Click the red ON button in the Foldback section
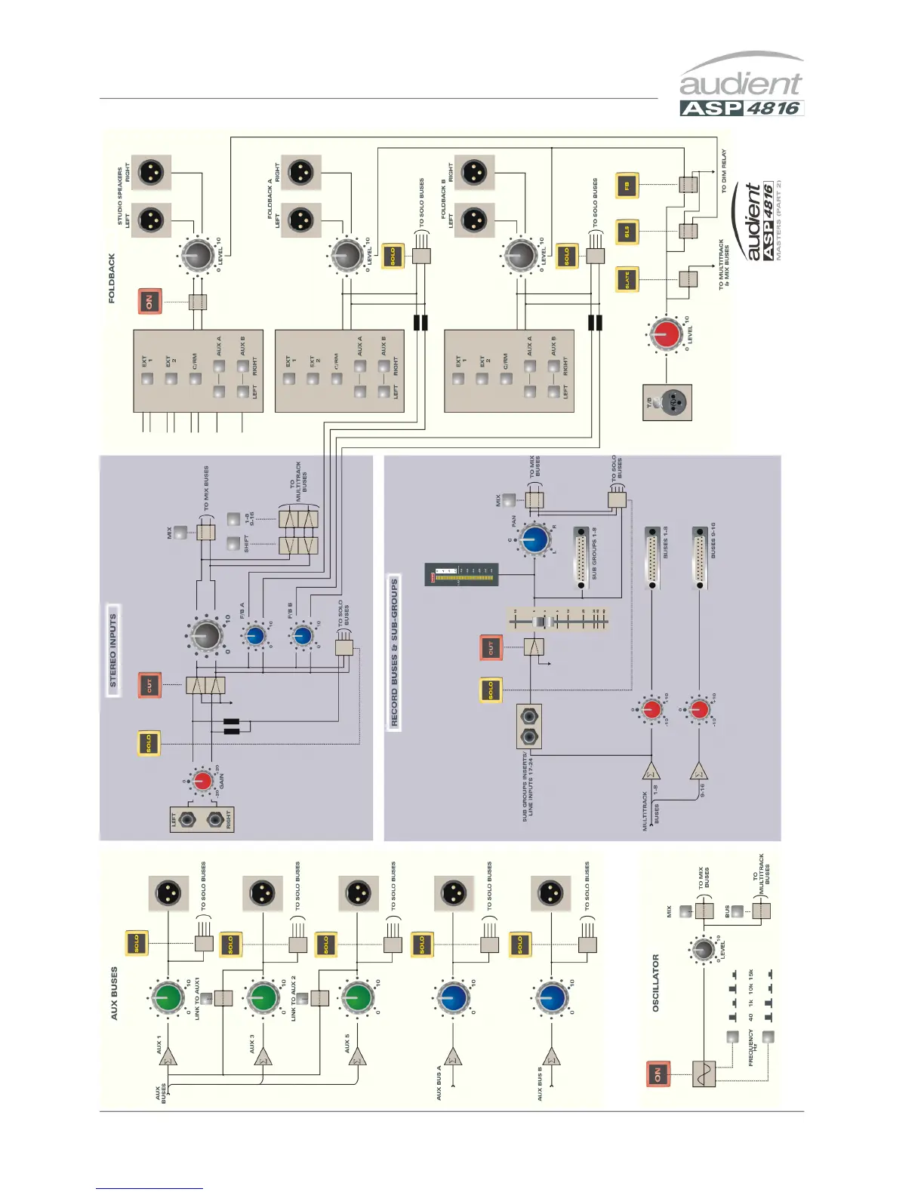149,302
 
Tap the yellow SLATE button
627,280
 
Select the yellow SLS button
627,232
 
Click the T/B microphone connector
667,403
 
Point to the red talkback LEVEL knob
666,334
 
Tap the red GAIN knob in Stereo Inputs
202,781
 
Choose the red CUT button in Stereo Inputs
149,685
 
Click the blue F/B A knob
255,637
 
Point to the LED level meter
461,574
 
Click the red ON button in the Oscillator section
658,1074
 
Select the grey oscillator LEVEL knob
704,950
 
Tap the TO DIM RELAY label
724,171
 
